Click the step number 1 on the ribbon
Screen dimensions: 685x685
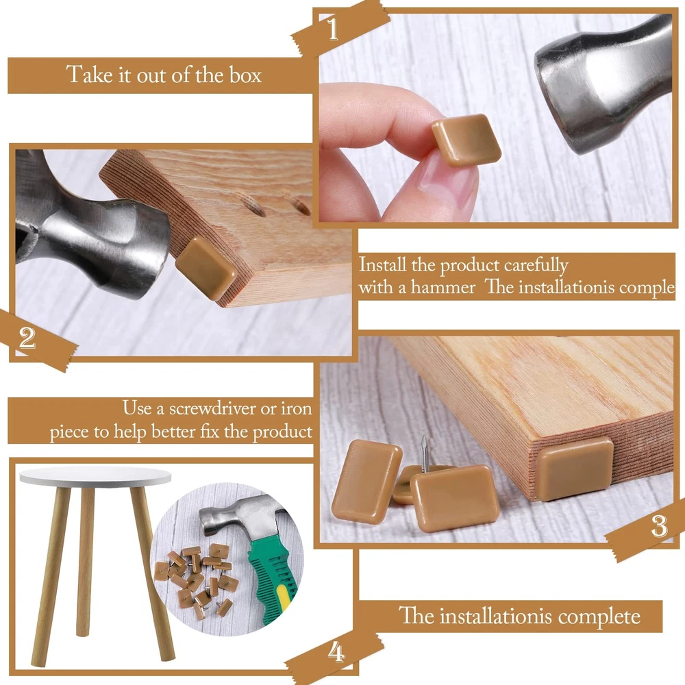click(x=334, y=29)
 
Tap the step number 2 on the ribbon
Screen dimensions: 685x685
click(x=27, y=337)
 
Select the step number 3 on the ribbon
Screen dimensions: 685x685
click(x=659, y=526)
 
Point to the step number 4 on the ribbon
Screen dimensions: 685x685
click(x=336, y=652)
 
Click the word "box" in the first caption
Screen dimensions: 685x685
click(x=245, y=75)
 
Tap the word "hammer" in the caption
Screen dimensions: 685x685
click(x=443, y=288)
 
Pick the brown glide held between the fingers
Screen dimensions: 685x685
click(x=466, y=139)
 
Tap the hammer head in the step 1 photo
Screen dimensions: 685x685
click(x=605, y=85)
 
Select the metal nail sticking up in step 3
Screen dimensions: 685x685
click(x=424, y=455)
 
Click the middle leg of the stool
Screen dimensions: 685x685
click(x=85, y=562)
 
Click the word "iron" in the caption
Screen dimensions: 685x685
click(x=297, y=408)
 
